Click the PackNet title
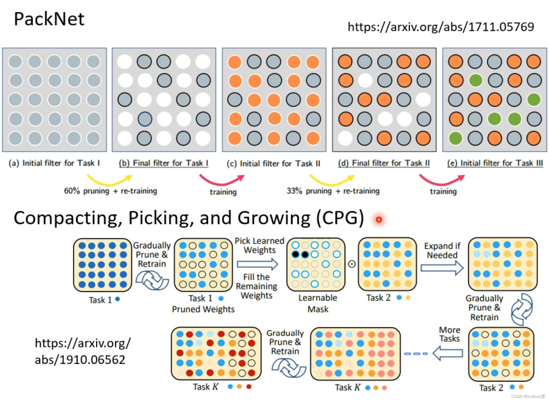(x=49, y=19)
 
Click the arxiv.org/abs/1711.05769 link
(x=440, y=27)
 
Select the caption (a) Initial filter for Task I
(x=54, y=163)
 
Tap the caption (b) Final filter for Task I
(x=163, y=163)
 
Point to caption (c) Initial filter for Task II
(x=273, y=164)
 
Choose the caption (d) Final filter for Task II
(x=384, y=163)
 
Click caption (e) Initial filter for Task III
(x=495, y=163)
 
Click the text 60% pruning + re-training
(x=110, y=191)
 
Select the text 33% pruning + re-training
(x=333, y=191)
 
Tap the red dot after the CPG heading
(x=379, y=220)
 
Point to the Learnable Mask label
(x=318, y=303)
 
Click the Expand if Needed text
(x=442, y=250)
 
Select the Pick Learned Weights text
(x=259, y=245)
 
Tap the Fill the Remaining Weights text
(x=256, y=286)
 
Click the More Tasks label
(x=449, y=334)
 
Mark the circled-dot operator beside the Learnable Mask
(x=352, y=264)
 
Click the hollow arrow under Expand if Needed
(x=442, y=268)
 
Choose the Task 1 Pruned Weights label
(x=203, y=304)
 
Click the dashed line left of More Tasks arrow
(x=416, y=353)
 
